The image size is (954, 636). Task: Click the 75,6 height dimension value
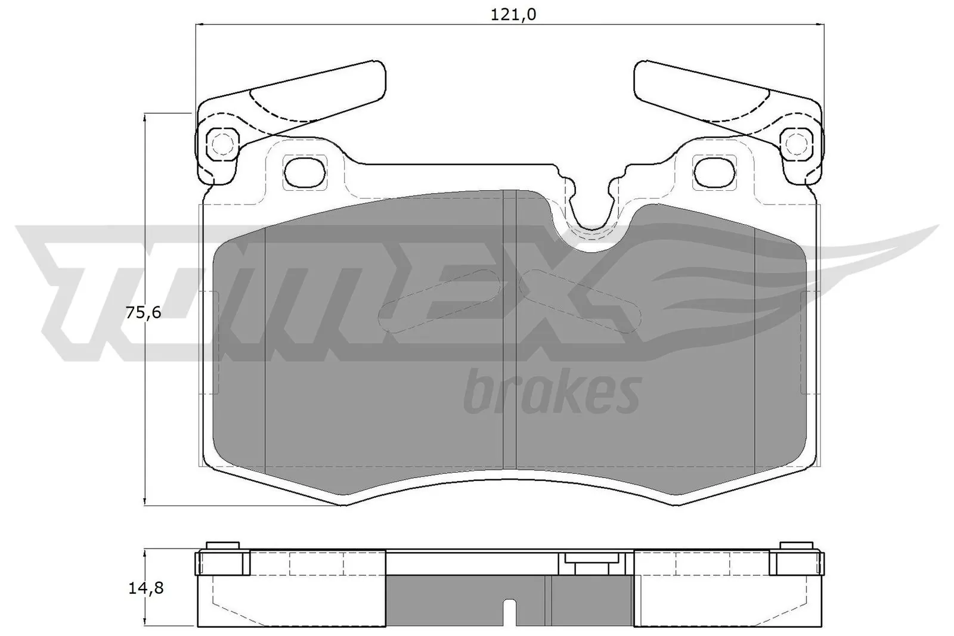[143, 312]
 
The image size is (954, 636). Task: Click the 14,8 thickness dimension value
[145, 588]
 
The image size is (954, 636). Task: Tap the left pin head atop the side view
[222, 547]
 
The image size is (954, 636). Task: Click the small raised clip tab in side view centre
[591, 559]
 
